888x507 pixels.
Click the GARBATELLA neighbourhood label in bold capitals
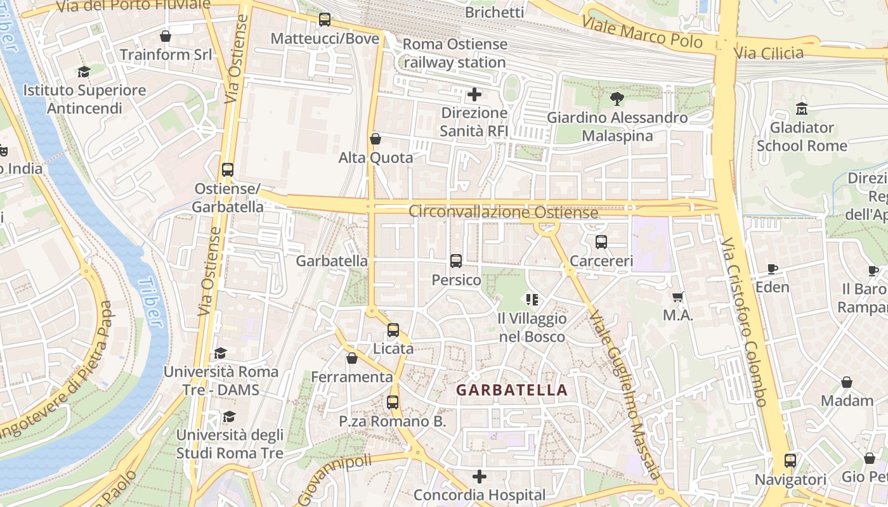tap(512, 390)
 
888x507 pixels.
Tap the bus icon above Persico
tap(455, 260)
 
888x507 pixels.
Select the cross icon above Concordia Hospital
tap(480, 476)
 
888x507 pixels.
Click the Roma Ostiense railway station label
tap(455, 53)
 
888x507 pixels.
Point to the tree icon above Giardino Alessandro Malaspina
tap(616, 98)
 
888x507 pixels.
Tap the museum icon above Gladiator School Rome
tap(802, 108)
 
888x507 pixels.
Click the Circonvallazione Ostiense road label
tap(503, 212)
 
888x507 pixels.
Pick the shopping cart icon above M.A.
tap(678, 296)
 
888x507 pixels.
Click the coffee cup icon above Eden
tap(773, 269)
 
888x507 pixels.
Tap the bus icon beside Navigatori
tap(790, 461)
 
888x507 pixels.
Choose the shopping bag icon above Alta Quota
tap(375, 139)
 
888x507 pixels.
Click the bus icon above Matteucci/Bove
tap(325, 20)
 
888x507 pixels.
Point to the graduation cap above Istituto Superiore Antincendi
tap(84, 72)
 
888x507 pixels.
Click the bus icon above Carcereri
tap(601, 241)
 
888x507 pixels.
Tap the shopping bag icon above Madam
tap(847, 382)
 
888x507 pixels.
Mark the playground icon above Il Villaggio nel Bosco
tap(532, 299)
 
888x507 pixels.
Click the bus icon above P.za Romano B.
tap(393, 402)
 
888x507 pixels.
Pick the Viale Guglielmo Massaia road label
tap(625, 393)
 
